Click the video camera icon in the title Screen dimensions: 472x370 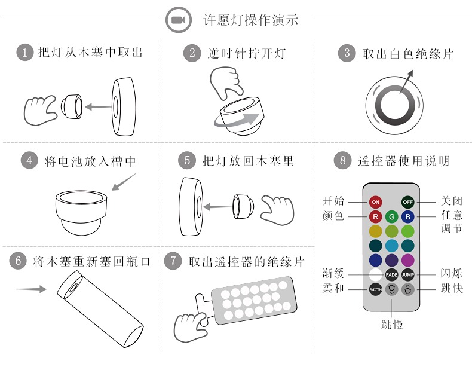[179, 20]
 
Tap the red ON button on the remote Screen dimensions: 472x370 [375, 202]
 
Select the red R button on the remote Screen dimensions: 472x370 [375, 216]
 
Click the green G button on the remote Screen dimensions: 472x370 [391, 216]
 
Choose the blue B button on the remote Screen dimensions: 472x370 [408, 216]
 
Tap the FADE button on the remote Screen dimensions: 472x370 [391, 274]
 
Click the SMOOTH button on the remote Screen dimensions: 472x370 [375, 289]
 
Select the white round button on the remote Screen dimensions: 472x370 [375, 274]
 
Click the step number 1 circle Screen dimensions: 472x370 [25, 53]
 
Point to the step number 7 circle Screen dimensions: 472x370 [173, 261]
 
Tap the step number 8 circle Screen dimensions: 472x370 [342, 160]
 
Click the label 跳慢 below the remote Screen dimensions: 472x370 [391, 325]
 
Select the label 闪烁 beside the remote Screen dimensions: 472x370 [452, 273]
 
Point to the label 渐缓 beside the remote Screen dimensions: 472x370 [333, 273]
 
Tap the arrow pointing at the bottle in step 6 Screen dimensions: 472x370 [31, 289]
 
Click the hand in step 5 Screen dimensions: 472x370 [277, 210]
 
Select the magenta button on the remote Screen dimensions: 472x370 [408, 260]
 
